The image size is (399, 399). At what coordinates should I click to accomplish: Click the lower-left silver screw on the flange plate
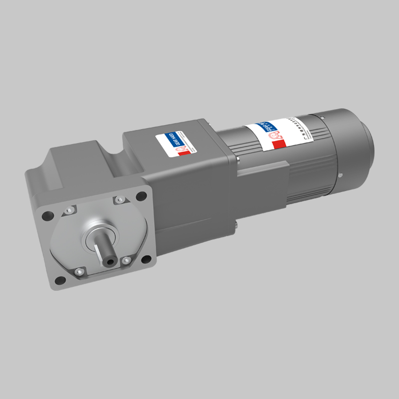coord(78,272)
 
